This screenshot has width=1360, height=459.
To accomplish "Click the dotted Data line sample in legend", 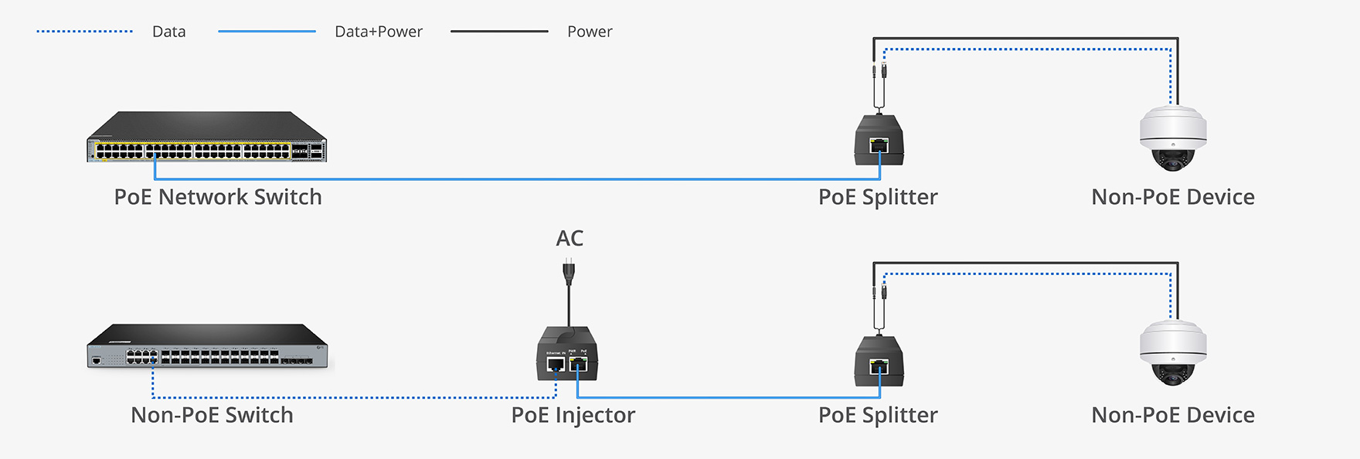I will (84, 32).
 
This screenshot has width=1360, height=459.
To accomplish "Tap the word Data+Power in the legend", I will (378, 32).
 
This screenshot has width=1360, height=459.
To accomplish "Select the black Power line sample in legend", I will (499, 32).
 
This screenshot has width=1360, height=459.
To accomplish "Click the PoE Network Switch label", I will (218, 197).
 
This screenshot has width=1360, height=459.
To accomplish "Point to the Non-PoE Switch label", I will (212, 415).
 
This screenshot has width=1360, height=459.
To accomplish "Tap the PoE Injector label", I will (573, 415).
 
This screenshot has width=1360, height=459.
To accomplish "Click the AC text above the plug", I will (569, 238).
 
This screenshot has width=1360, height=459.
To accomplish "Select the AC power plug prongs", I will (569, 271).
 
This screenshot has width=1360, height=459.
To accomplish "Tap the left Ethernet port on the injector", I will (556, 364).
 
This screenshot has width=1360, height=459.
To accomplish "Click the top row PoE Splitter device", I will (879, 140).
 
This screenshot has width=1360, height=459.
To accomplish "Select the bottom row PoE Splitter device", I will (879, 361).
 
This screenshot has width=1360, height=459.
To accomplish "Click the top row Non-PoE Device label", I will (1172, 197).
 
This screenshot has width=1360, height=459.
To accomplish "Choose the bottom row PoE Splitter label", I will (878, 415).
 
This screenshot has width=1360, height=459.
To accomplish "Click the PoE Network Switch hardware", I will (206, 138).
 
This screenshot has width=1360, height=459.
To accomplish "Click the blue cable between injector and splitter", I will (726, 398).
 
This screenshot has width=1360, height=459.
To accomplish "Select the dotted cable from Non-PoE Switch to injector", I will (348, 398).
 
